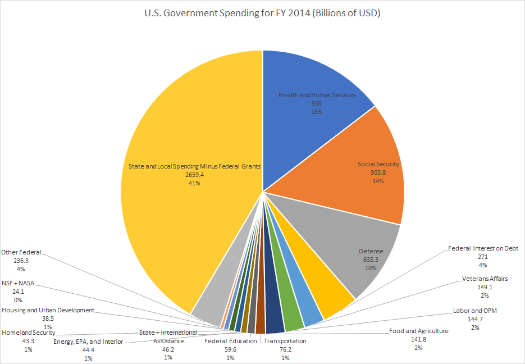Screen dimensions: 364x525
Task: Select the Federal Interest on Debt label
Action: [483, 248]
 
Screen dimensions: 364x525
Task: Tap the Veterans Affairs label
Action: [485, 278]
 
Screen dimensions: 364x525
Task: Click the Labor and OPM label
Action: [475, 310]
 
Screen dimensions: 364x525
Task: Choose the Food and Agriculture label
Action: [419, 331]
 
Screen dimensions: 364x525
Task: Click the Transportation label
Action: [285, 341]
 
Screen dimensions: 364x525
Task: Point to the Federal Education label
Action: [230, 341]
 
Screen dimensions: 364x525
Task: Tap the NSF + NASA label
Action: [18, 284]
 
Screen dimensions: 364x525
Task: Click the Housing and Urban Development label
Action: [48, 310]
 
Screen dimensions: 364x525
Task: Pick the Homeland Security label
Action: [28, 333]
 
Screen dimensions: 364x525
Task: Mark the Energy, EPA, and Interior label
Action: [88, 342]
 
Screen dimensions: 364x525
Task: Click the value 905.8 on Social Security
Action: [378, 172]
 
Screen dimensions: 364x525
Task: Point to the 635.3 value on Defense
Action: [369, 260]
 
